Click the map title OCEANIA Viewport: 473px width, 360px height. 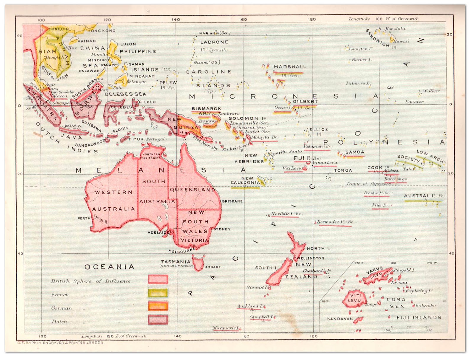coord(110,267)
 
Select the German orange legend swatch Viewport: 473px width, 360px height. coord(158,306)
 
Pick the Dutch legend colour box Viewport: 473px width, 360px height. coord(158,320)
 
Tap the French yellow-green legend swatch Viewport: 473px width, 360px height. coord(158,293)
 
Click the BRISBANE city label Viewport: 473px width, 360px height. coord(232,201)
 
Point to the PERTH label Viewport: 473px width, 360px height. coord(84,218)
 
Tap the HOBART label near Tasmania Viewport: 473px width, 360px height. coord(213,267)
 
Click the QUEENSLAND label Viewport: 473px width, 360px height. coord(192,190)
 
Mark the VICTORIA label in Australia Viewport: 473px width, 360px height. coord(195,240)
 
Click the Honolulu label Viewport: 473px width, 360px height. coord(395,29)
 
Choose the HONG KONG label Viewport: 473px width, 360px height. coord(101,31)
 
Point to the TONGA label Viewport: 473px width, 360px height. coord(343,170)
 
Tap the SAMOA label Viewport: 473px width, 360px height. coord(355,152)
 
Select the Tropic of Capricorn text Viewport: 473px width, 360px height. coord(368,184)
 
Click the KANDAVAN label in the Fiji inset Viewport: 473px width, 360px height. coord(340,319)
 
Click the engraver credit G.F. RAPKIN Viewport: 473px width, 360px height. coord(61,343)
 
